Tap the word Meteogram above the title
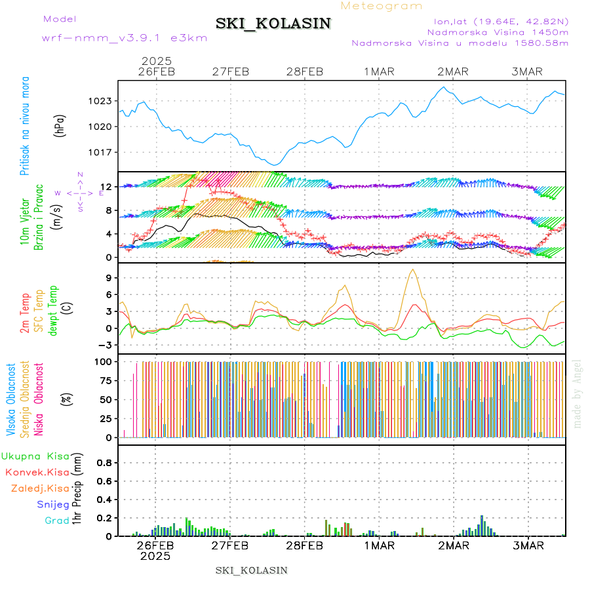382,6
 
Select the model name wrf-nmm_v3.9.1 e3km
125,38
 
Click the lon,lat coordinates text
497,20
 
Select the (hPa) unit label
60,125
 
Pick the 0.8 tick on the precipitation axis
105,462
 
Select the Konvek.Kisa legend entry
37,472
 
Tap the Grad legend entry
57,521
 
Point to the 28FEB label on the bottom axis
305,545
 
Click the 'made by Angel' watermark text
578,393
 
